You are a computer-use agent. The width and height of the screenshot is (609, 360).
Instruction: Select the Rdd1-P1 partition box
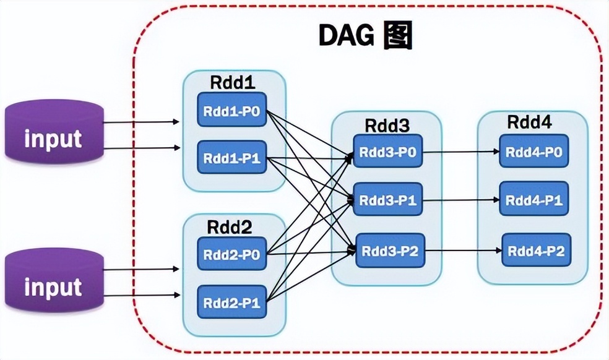tap(232, 158)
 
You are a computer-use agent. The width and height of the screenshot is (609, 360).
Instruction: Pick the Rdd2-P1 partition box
tap(231, 302)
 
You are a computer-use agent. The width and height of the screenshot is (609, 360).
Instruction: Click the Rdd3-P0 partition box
tap(388, 152)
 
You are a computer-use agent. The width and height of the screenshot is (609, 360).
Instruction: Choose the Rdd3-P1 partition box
tap(388, 200)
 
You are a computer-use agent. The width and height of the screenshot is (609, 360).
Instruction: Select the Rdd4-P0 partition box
tap(533, 152)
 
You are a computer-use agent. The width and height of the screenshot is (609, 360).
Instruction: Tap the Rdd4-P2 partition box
tap(535, 250)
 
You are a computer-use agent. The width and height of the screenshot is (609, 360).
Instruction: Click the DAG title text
tap(365, 36)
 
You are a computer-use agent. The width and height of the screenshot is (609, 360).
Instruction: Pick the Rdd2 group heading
tap(230, 226)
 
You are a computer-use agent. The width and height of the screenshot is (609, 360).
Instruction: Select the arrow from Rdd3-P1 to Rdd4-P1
tap(461, 200)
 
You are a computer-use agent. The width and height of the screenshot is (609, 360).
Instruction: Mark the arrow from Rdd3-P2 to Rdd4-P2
tap(463, 251)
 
